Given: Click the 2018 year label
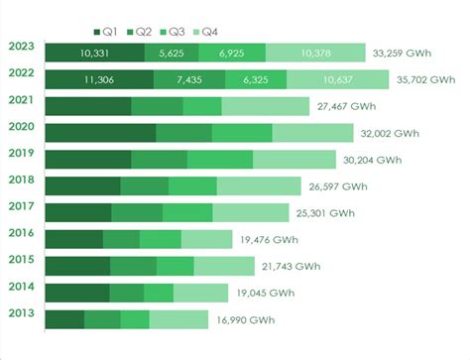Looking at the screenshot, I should click(x=22, y=179).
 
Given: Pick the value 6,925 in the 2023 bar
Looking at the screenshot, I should click(x=232, y=53).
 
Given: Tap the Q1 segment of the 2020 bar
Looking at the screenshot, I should click(x=100, y=133).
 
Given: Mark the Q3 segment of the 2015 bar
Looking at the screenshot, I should click(x=176, y=266).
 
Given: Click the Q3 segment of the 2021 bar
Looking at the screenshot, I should click(x=202, y=106).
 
